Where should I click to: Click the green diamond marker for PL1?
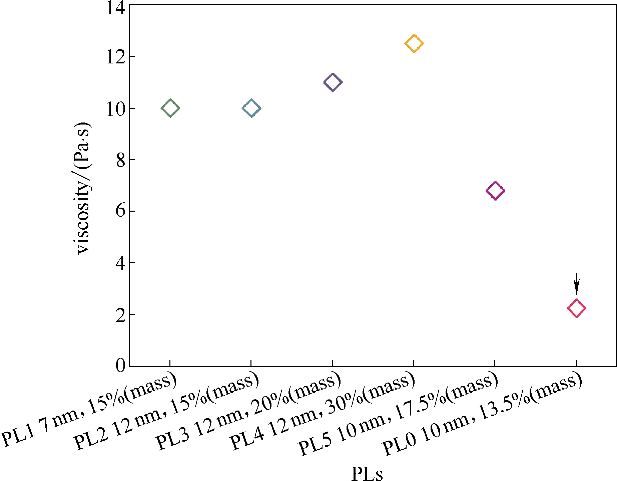(170, 108)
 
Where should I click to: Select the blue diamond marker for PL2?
(251, 108)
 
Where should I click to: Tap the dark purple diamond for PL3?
(333, 82)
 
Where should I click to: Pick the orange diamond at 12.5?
(414, 43)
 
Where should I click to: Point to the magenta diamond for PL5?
(495, 191)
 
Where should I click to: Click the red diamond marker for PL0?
(576, 308)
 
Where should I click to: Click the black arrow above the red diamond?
(576, 284)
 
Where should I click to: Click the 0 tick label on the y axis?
(120, 366)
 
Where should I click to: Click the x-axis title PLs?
(367, 473)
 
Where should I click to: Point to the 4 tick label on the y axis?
(120, 263)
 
